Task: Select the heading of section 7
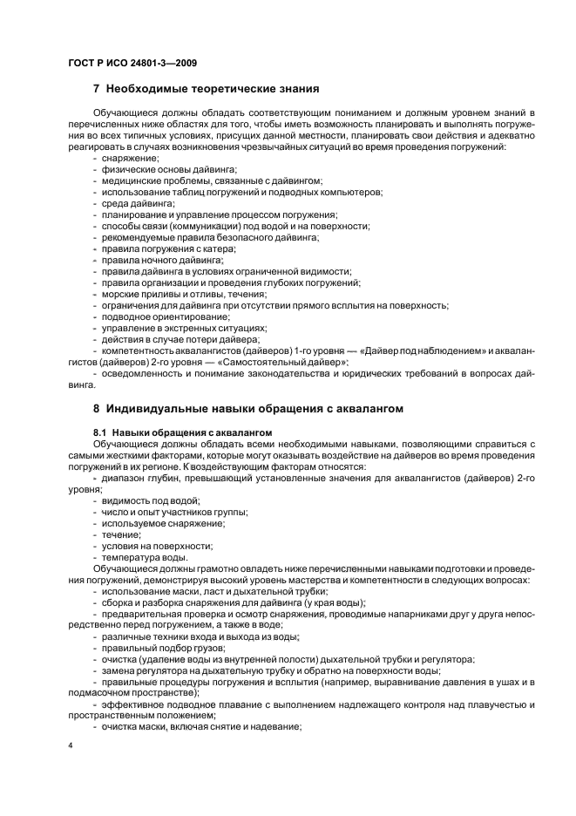tap(206, 89)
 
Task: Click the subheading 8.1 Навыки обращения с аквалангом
tap(183, 432)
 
